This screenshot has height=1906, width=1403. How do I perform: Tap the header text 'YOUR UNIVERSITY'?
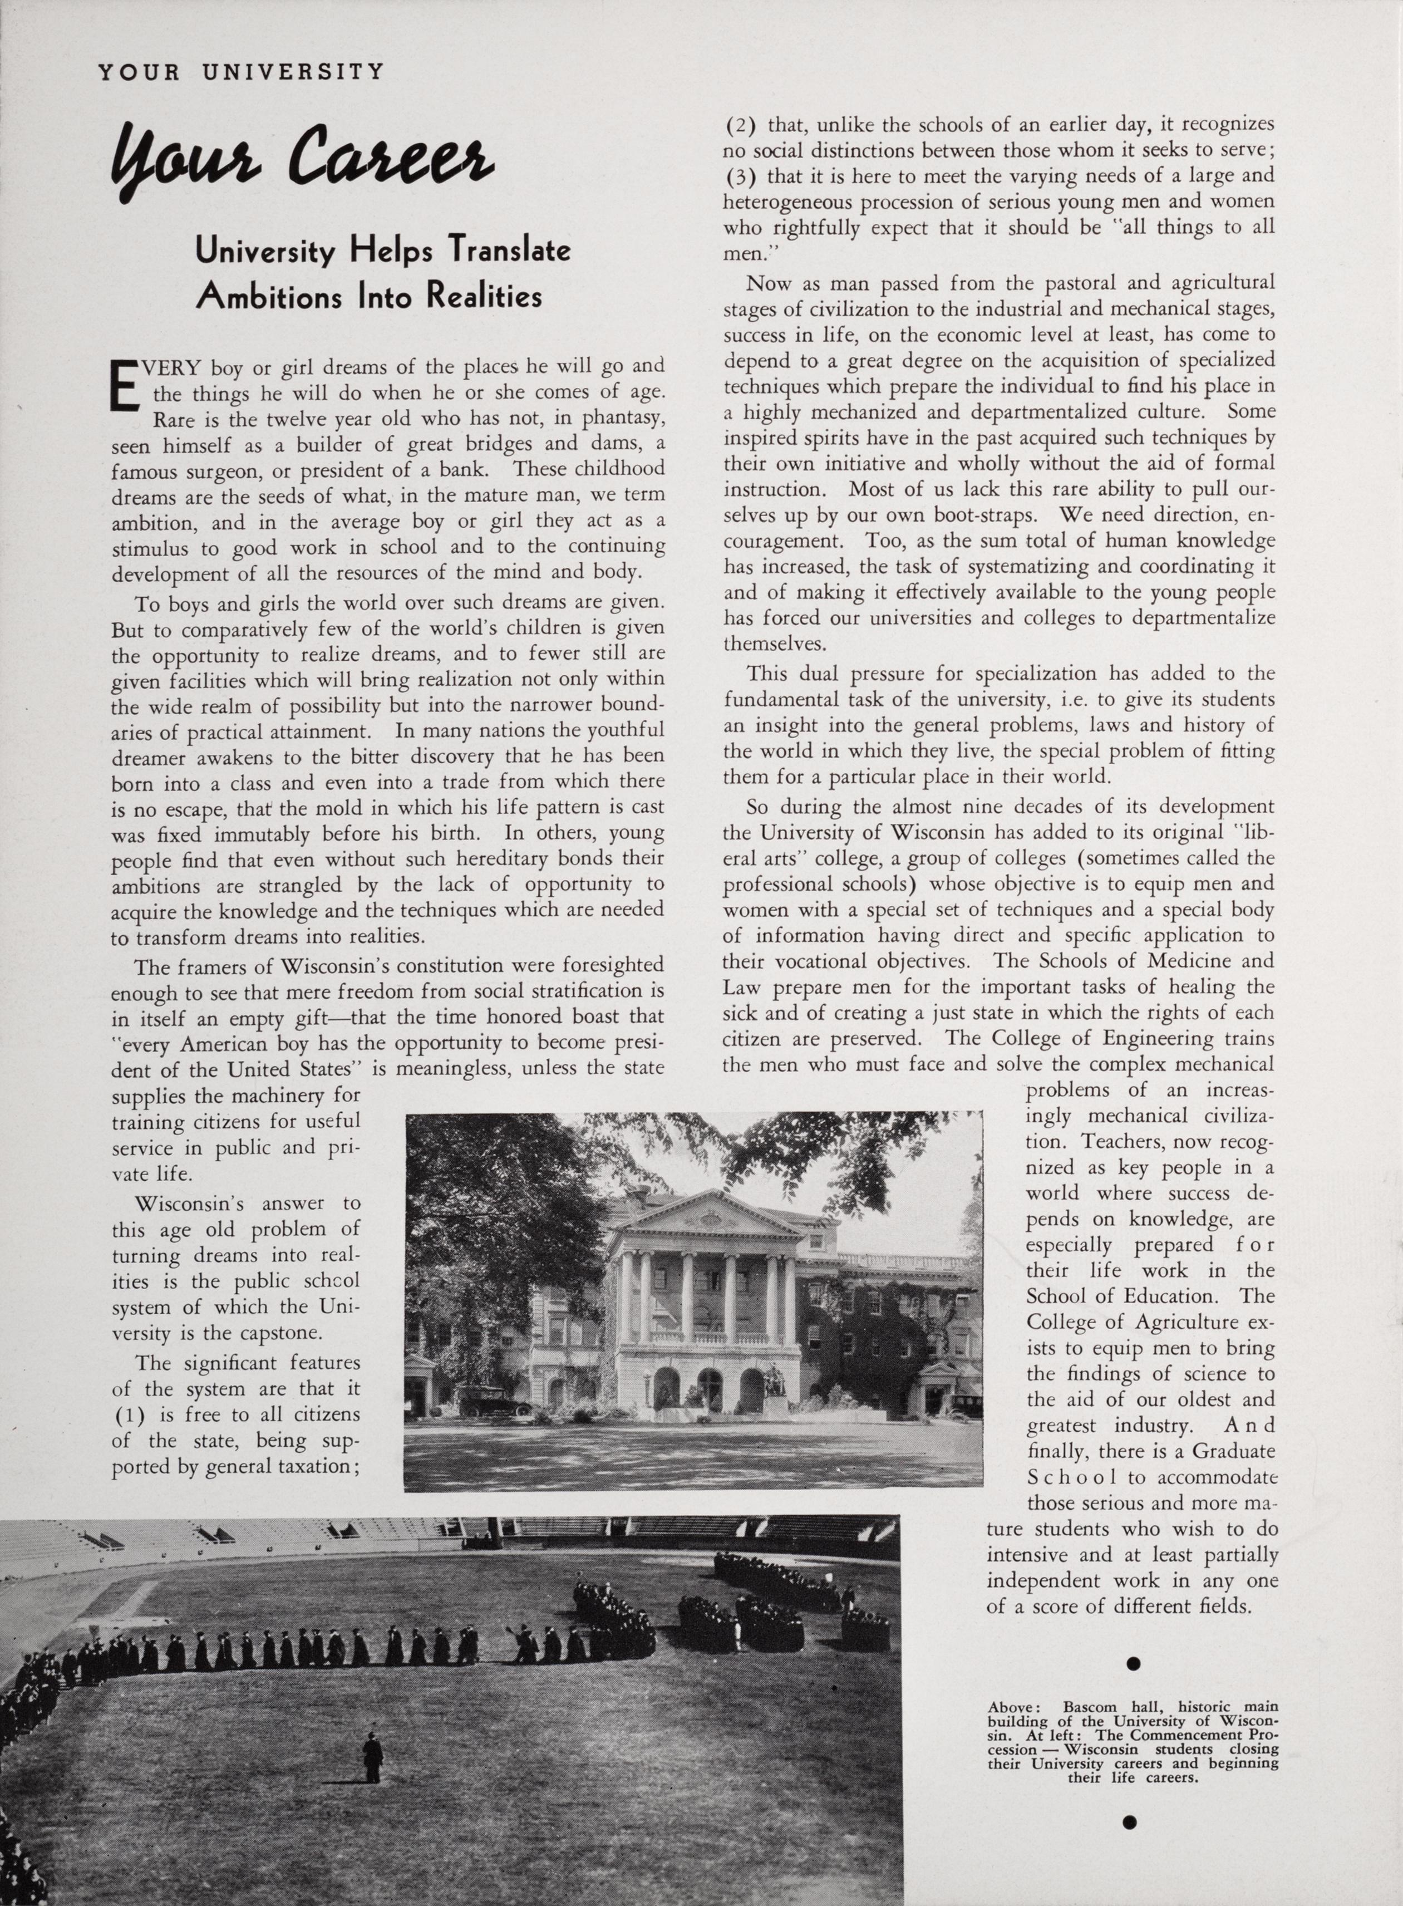pos(241,71)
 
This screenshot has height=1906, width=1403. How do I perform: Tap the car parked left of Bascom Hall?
pos(494,1400)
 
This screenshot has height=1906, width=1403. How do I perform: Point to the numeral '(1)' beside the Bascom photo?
pos(129,1414)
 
